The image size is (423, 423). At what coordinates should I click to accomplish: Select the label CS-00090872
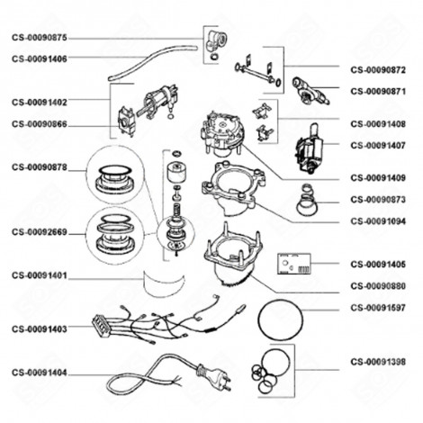pyautogui.click(x=378, y=69)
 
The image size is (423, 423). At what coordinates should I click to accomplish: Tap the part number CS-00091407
pyautogui.click(x=378, y=144)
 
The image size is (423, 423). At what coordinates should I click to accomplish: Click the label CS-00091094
pyautogui.click(x=378, y=220)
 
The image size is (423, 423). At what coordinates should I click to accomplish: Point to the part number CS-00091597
pyautogui.click(x=378, y=307)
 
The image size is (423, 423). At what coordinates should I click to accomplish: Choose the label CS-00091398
pyautogui.click(x=378, y=362)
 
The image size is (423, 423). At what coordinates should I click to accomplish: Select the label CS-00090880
pyautogui.click(x=378, y=285)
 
